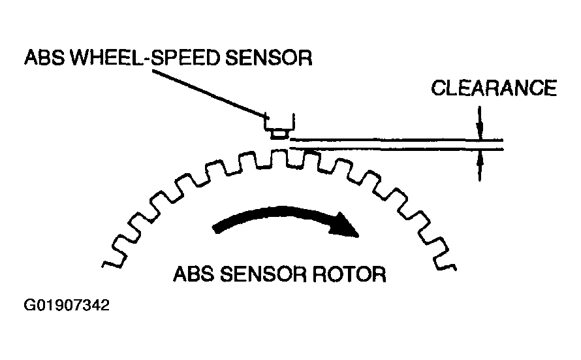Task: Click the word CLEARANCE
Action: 494,88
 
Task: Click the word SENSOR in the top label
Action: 269,58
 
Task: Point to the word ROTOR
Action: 349,274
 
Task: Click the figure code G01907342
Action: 67,305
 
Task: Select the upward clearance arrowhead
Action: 480,159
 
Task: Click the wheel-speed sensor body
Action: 279,122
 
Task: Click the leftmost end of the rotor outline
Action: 102,265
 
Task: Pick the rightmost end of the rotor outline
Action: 456,268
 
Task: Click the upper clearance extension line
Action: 396,140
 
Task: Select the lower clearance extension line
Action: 396,149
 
